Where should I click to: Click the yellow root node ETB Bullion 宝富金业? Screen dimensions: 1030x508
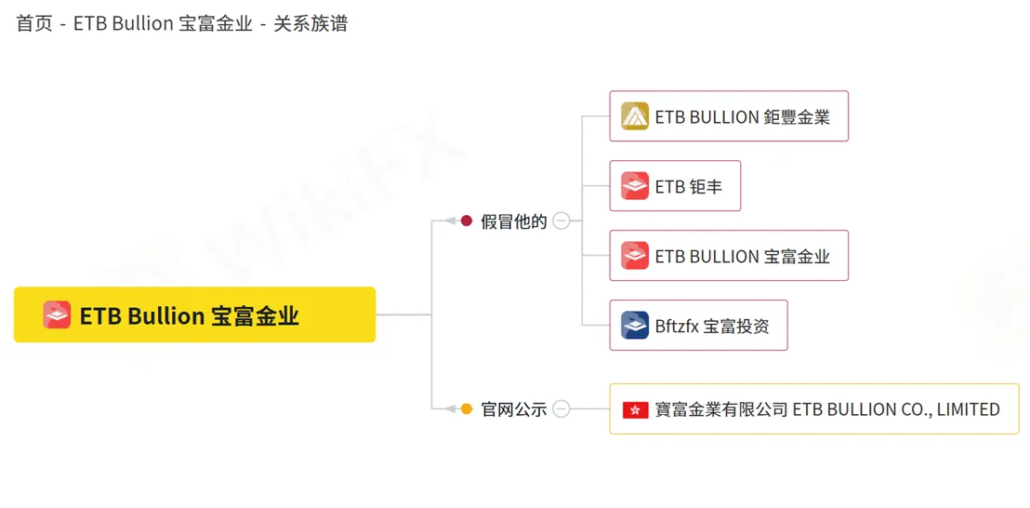pos(194,314)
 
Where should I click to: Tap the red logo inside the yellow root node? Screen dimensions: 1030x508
pos(57,314)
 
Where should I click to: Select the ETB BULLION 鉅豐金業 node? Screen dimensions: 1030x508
pos(729,116)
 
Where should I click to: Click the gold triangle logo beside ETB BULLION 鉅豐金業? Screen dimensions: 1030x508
pos(635,116)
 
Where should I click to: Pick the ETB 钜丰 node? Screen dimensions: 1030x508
pos(675,186)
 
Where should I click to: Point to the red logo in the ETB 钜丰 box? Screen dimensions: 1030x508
pos(635,186)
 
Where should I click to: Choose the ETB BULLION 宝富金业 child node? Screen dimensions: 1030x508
pos(729,256)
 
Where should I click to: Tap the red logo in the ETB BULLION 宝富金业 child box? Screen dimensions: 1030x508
pos(635,256)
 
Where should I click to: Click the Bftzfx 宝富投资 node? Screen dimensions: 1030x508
pos(698,326)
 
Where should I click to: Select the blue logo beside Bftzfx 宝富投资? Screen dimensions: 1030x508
pos(635,326)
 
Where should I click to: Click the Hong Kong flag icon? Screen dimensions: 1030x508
pos(636,409)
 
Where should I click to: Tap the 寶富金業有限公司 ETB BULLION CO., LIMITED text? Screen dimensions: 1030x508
pos(827,409)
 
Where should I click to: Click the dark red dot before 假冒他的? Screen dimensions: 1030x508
pos(467,221)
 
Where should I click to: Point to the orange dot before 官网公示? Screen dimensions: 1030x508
pos(467,408)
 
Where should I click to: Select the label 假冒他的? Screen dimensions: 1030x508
pos(514,221)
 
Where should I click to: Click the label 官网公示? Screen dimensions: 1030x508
pos(514,409)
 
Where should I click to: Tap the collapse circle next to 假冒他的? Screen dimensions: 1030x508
pos(561,221)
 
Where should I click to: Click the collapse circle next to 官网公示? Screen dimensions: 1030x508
pos(561,408)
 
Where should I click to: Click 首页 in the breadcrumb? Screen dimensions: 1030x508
pos(34,24)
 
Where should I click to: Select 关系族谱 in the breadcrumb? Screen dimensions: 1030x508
pos(310,24)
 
